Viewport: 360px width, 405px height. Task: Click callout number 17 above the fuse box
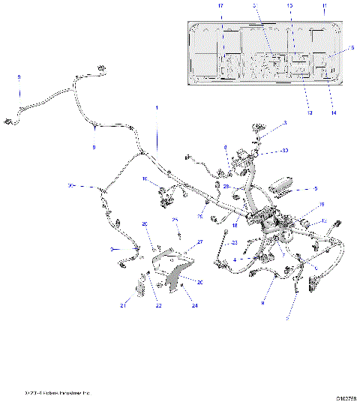pos(220,6)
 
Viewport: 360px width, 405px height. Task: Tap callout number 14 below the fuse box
pos(334,112)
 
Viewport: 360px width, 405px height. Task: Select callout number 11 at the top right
pos(325,6)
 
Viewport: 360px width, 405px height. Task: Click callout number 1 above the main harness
pos(157,108)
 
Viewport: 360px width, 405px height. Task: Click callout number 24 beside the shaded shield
pos(195,306)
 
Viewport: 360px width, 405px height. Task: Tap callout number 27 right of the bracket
pos(200,241)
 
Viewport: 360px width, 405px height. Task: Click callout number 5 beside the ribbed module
pos(316,189)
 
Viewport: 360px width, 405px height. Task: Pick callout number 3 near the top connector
pos(285,123)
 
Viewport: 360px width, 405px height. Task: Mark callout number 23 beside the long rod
pos(235,242)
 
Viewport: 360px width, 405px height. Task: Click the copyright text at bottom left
pos(56,392)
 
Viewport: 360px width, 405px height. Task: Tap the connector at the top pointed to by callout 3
pos(260,129)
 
